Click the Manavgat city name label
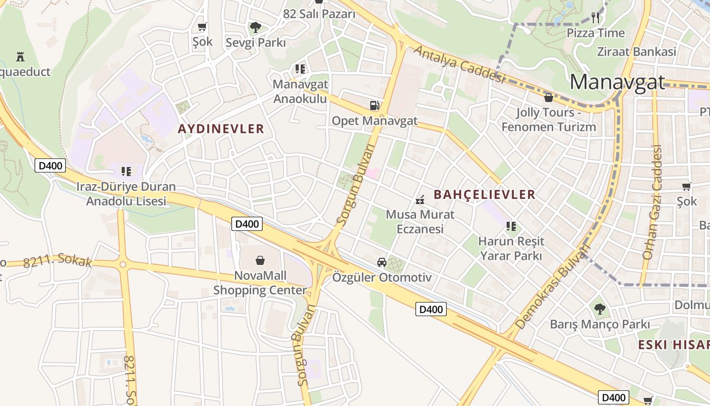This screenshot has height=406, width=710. pos(617,82)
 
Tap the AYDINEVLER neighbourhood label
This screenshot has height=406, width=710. pos(221,129)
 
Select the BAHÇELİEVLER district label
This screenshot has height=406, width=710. pos(484,194)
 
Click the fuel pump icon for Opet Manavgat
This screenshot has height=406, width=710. pos(374,106)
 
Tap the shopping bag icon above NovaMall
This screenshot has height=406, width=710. pos(260,260)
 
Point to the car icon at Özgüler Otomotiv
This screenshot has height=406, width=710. pos(382,262)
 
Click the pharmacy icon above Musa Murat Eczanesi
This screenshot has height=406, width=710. pos(420,200)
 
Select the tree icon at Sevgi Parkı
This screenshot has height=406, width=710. pos(256,27)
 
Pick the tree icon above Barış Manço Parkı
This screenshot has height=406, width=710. pos(599,309)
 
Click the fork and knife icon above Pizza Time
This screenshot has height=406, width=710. pos(595,18)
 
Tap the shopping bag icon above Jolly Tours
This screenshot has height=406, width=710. pos(548,97)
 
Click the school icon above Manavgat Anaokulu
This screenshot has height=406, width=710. pos(300,69)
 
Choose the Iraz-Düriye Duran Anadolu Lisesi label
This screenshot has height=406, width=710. pos(126,194)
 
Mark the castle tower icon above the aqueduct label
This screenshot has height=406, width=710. pos(20,56)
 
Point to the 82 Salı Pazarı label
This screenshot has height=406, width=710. pos(319,14)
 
